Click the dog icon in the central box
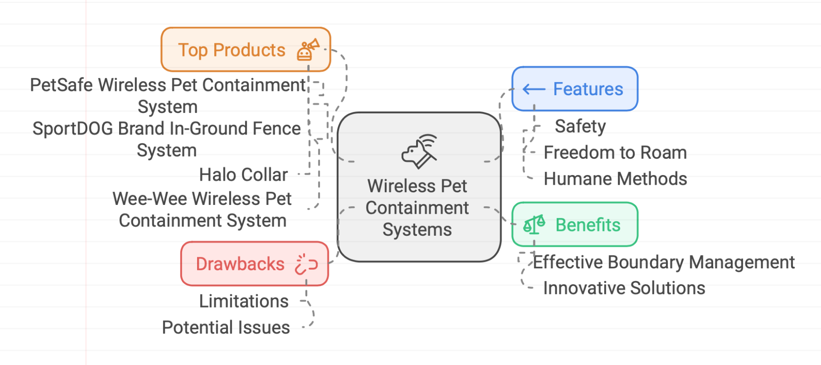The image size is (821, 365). coord(419,151)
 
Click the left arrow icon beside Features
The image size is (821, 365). coord(534,89)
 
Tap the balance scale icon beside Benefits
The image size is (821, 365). coord(534,225)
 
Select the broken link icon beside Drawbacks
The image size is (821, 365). coord(306,264)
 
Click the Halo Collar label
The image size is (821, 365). coord(243,175)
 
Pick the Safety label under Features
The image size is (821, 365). coord(580,126)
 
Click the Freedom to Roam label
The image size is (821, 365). coord(615,153)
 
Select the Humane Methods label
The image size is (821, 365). coord(615,179)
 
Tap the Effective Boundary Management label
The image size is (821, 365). coord(664,262)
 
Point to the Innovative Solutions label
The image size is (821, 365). coord(624,288)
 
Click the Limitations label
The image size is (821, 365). coord(243,302)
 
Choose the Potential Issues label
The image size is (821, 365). coord(226,328)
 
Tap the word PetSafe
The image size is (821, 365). coord(61,85)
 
